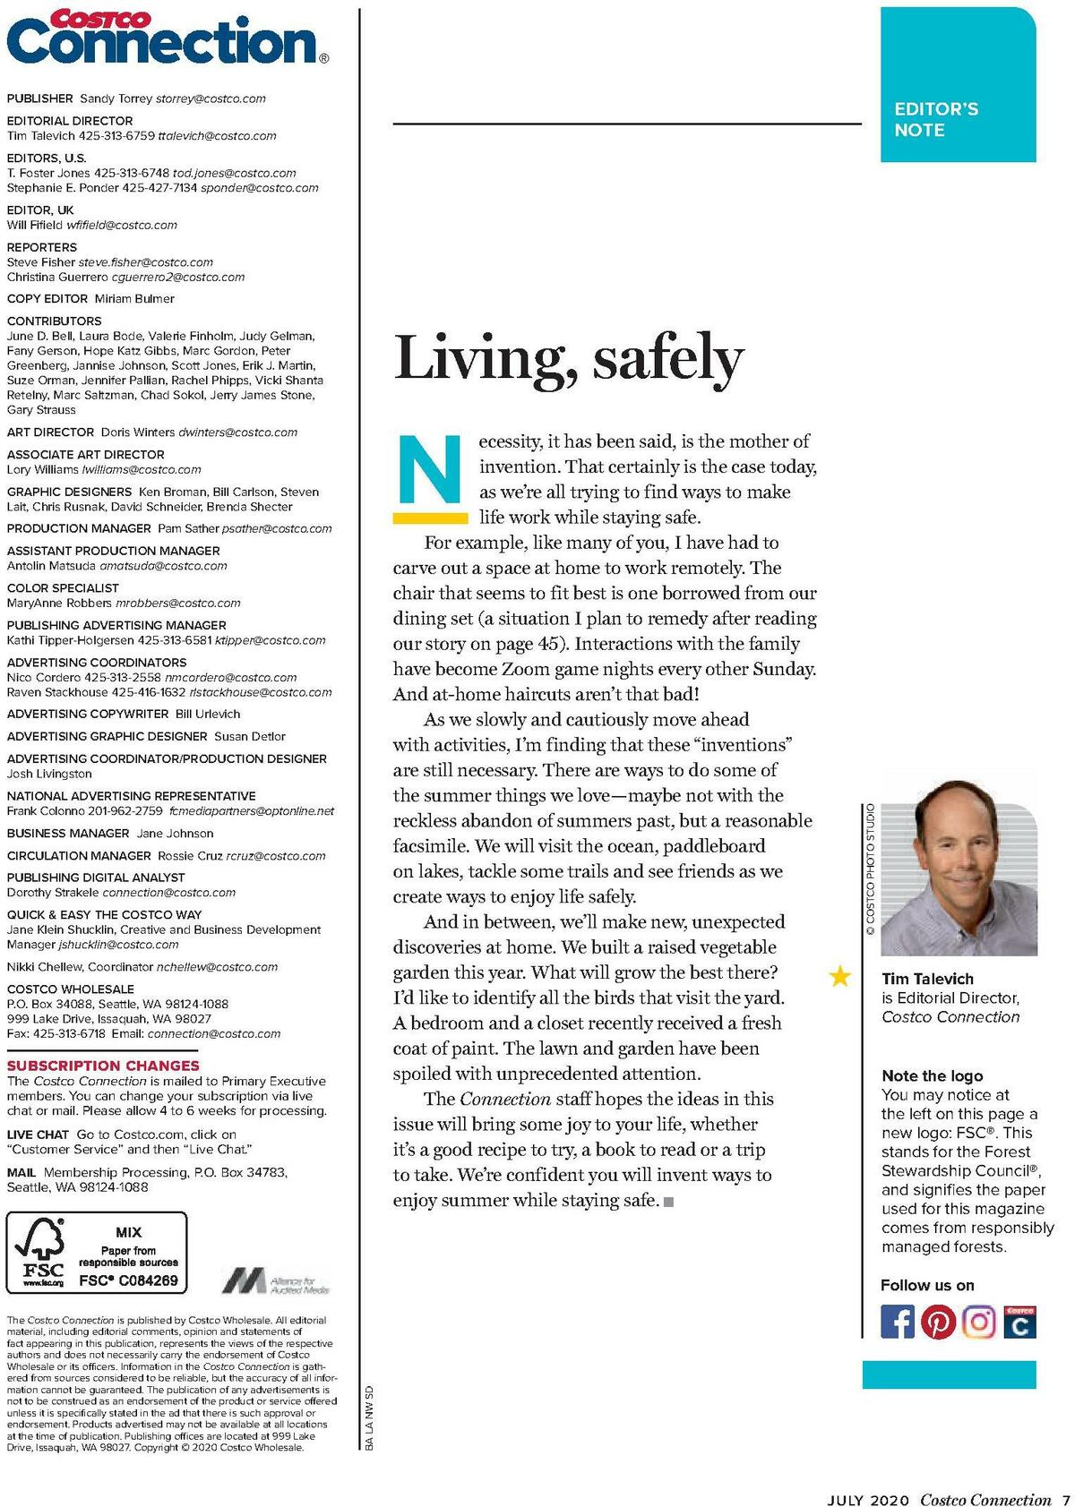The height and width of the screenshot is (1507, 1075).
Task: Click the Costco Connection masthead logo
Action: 167,38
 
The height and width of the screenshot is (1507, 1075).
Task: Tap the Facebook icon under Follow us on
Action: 898,1322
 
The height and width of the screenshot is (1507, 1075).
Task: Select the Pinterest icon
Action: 938,1322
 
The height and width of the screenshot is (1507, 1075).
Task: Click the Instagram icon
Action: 979,1322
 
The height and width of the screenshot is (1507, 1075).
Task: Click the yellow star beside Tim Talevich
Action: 840,976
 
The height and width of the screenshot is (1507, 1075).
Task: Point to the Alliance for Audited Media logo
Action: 276,1280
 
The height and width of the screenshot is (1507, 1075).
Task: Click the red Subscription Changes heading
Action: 103,1066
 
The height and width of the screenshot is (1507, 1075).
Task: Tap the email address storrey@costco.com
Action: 211,98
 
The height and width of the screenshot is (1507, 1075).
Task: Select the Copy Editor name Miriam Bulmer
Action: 134,299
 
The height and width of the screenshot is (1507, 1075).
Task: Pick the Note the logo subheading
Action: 932,1075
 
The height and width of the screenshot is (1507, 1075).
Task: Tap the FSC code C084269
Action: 128,1280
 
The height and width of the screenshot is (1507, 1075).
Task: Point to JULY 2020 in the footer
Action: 867,1500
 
